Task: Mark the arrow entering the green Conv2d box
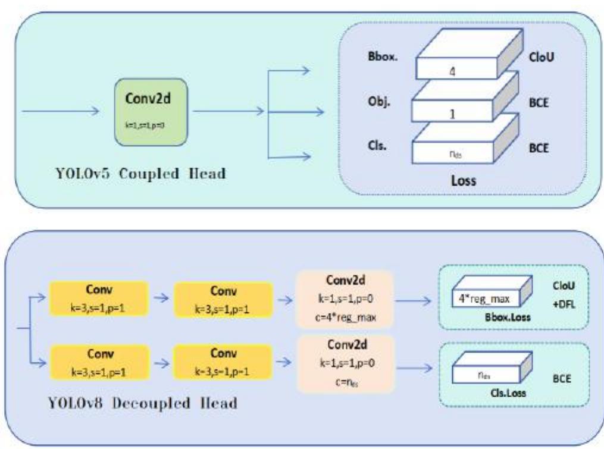point(60,110)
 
